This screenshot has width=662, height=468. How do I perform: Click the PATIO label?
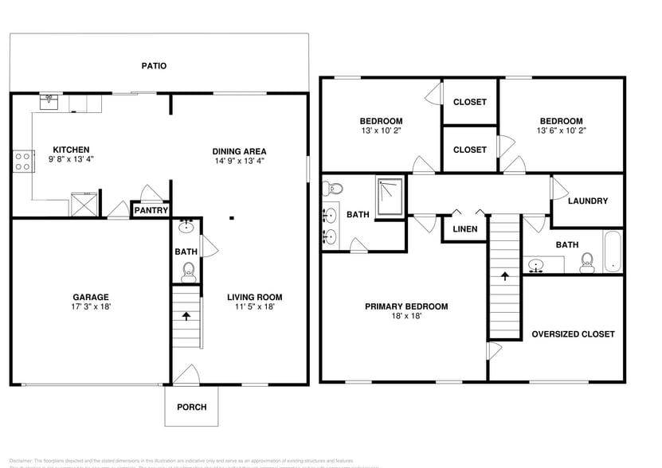(x=155, y=66)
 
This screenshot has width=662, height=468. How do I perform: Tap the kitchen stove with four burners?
(x=22, y=162)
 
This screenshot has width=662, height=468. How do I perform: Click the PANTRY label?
(x=151, y=211)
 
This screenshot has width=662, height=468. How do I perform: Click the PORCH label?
(x=191, y=407)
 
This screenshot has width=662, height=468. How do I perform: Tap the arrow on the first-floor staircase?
(x=186, y=315)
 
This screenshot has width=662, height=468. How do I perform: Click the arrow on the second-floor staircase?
(x=504, y=277)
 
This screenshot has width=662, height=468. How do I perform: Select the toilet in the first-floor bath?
(x=188, y=275)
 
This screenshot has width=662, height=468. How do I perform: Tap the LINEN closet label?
(x=465, y=229)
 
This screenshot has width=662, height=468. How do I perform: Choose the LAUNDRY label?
(x=588, y=201)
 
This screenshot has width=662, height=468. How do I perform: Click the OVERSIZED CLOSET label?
(x=573, y=334)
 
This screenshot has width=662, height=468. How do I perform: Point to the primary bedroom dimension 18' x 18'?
(x=406, y=316)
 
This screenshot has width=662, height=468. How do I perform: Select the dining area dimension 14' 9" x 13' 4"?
(x=239, y=161)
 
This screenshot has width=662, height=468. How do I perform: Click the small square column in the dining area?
(x=231, y=217)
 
